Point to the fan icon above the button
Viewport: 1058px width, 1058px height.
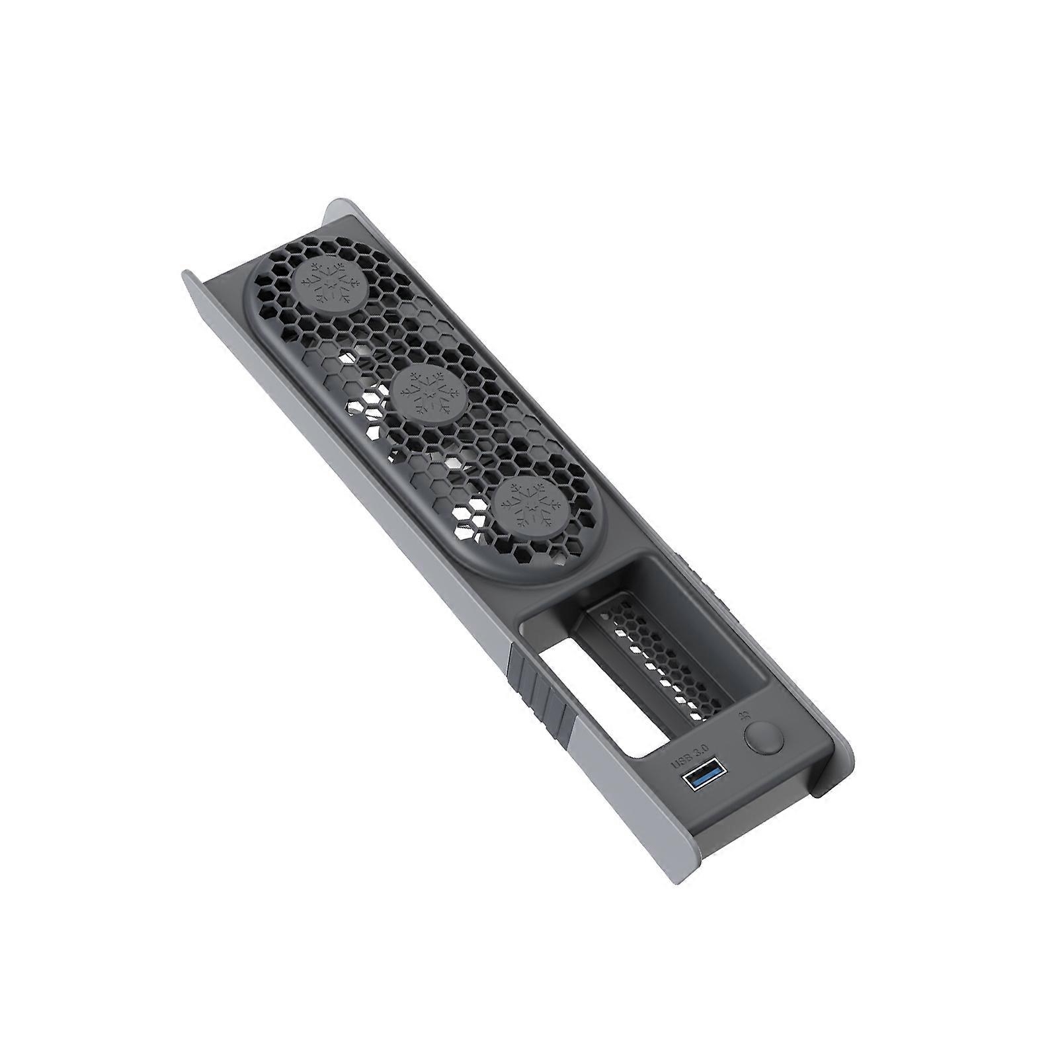pos(745,715)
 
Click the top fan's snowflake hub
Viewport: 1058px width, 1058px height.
pos(328,286)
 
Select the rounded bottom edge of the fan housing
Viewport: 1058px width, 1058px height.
pos(529,575)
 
